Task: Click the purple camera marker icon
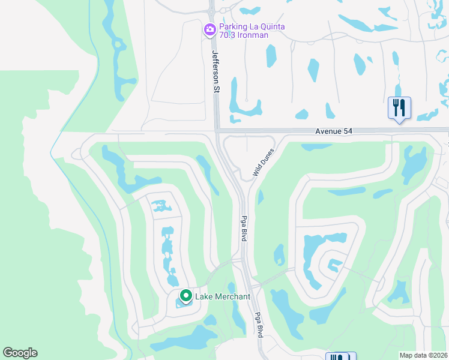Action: click(209, 29)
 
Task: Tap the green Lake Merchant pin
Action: click(186, 295)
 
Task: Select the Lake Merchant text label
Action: click(223, 297)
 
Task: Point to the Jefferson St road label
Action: click(215, 71)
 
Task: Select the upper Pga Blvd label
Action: click(244, 229)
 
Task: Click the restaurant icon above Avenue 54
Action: click(399, 108)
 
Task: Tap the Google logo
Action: click(20, 353)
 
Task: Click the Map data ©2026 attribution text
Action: click(423, 355)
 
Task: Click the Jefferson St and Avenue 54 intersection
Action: click(216, 130)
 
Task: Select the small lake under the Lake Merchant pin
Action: click(181, 304)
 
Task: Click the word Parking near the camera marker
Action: click(234, 26)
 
